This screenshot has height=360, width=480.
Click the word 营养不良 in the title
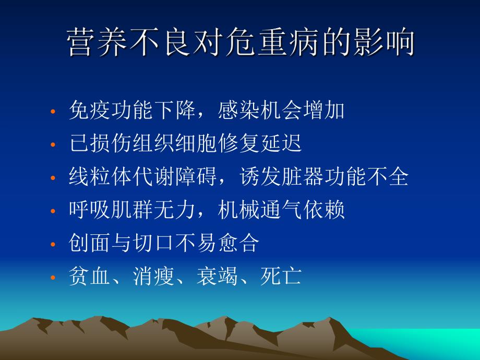click(x=128, y=42)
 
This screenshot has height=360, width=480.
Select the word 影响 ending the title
click(x=383, y=42)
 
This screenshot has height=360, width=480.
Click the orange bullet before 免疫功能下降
click(x=53, y=112)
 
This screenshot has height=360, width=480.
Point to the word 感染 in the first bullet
click(x=239, y=110)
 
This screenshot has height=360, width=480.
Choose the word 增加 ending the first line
click(x=324, y=110)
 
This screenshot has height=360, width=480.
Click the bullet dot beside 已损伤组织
click(x=53, y=145)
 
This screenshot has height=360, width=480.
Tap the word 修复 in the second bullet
click(x=239, y=143)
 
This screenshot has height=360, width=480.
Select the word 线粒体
click(x=101, y=176)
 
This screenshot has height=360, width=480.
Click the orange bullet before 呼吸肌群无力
click(x=53, y=211)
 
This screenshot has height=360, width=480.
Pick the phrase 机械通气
click(x=260, y=210)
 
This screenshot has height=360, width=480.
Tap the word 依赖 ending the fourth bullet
click(x=324, y=210)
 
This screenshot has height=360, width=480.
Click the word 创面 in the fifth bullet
click(x=89, y=243)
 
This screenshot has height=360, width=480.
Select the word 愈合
click(x=239, y=243)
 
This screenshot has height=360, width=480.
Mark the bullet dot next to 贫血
click(x=53, y=278)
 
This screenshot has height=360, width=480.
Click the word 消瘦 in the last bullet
click(x=154, y=276)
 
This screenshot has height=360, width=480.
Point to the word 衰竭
click(x=218, y=276)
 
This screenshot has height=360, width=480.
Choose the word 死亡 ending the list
click(x=281, y=276)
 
